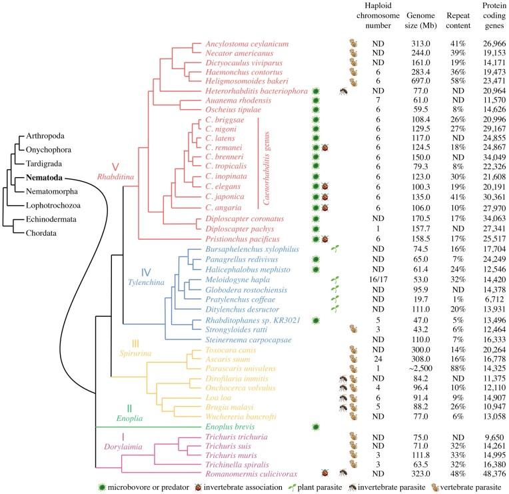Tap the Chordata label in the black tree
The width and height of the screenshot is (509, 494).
[42, 233]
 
